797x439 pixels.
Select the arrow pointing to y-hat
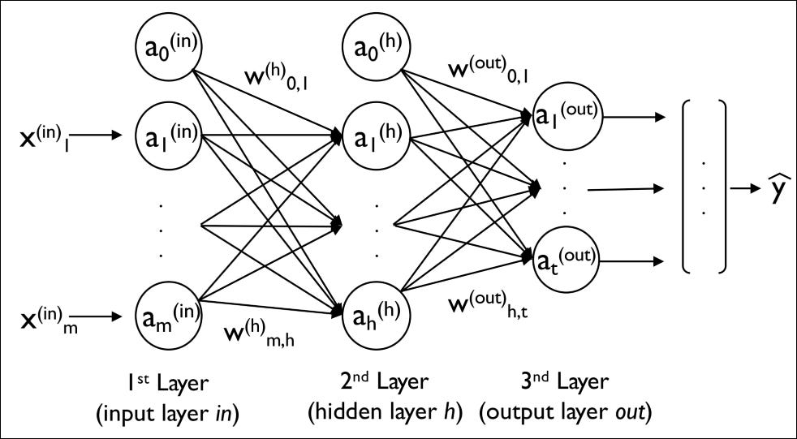pos(742,190)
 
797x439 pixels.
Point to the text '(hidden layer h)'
pos(385,411)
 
